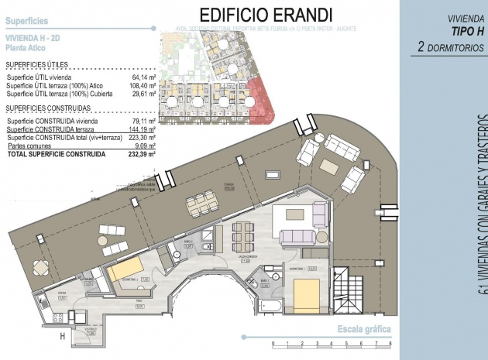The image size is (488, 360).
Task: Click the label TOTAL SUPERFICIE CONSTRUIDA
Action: point(55,154)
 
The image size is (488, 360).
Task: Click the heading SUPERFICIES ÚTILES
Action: point(36,65)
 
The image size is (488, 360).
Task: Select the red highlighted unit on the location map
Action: point(257,101)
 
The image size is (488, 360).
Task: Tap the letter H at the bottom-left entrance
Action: point(62,336)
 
